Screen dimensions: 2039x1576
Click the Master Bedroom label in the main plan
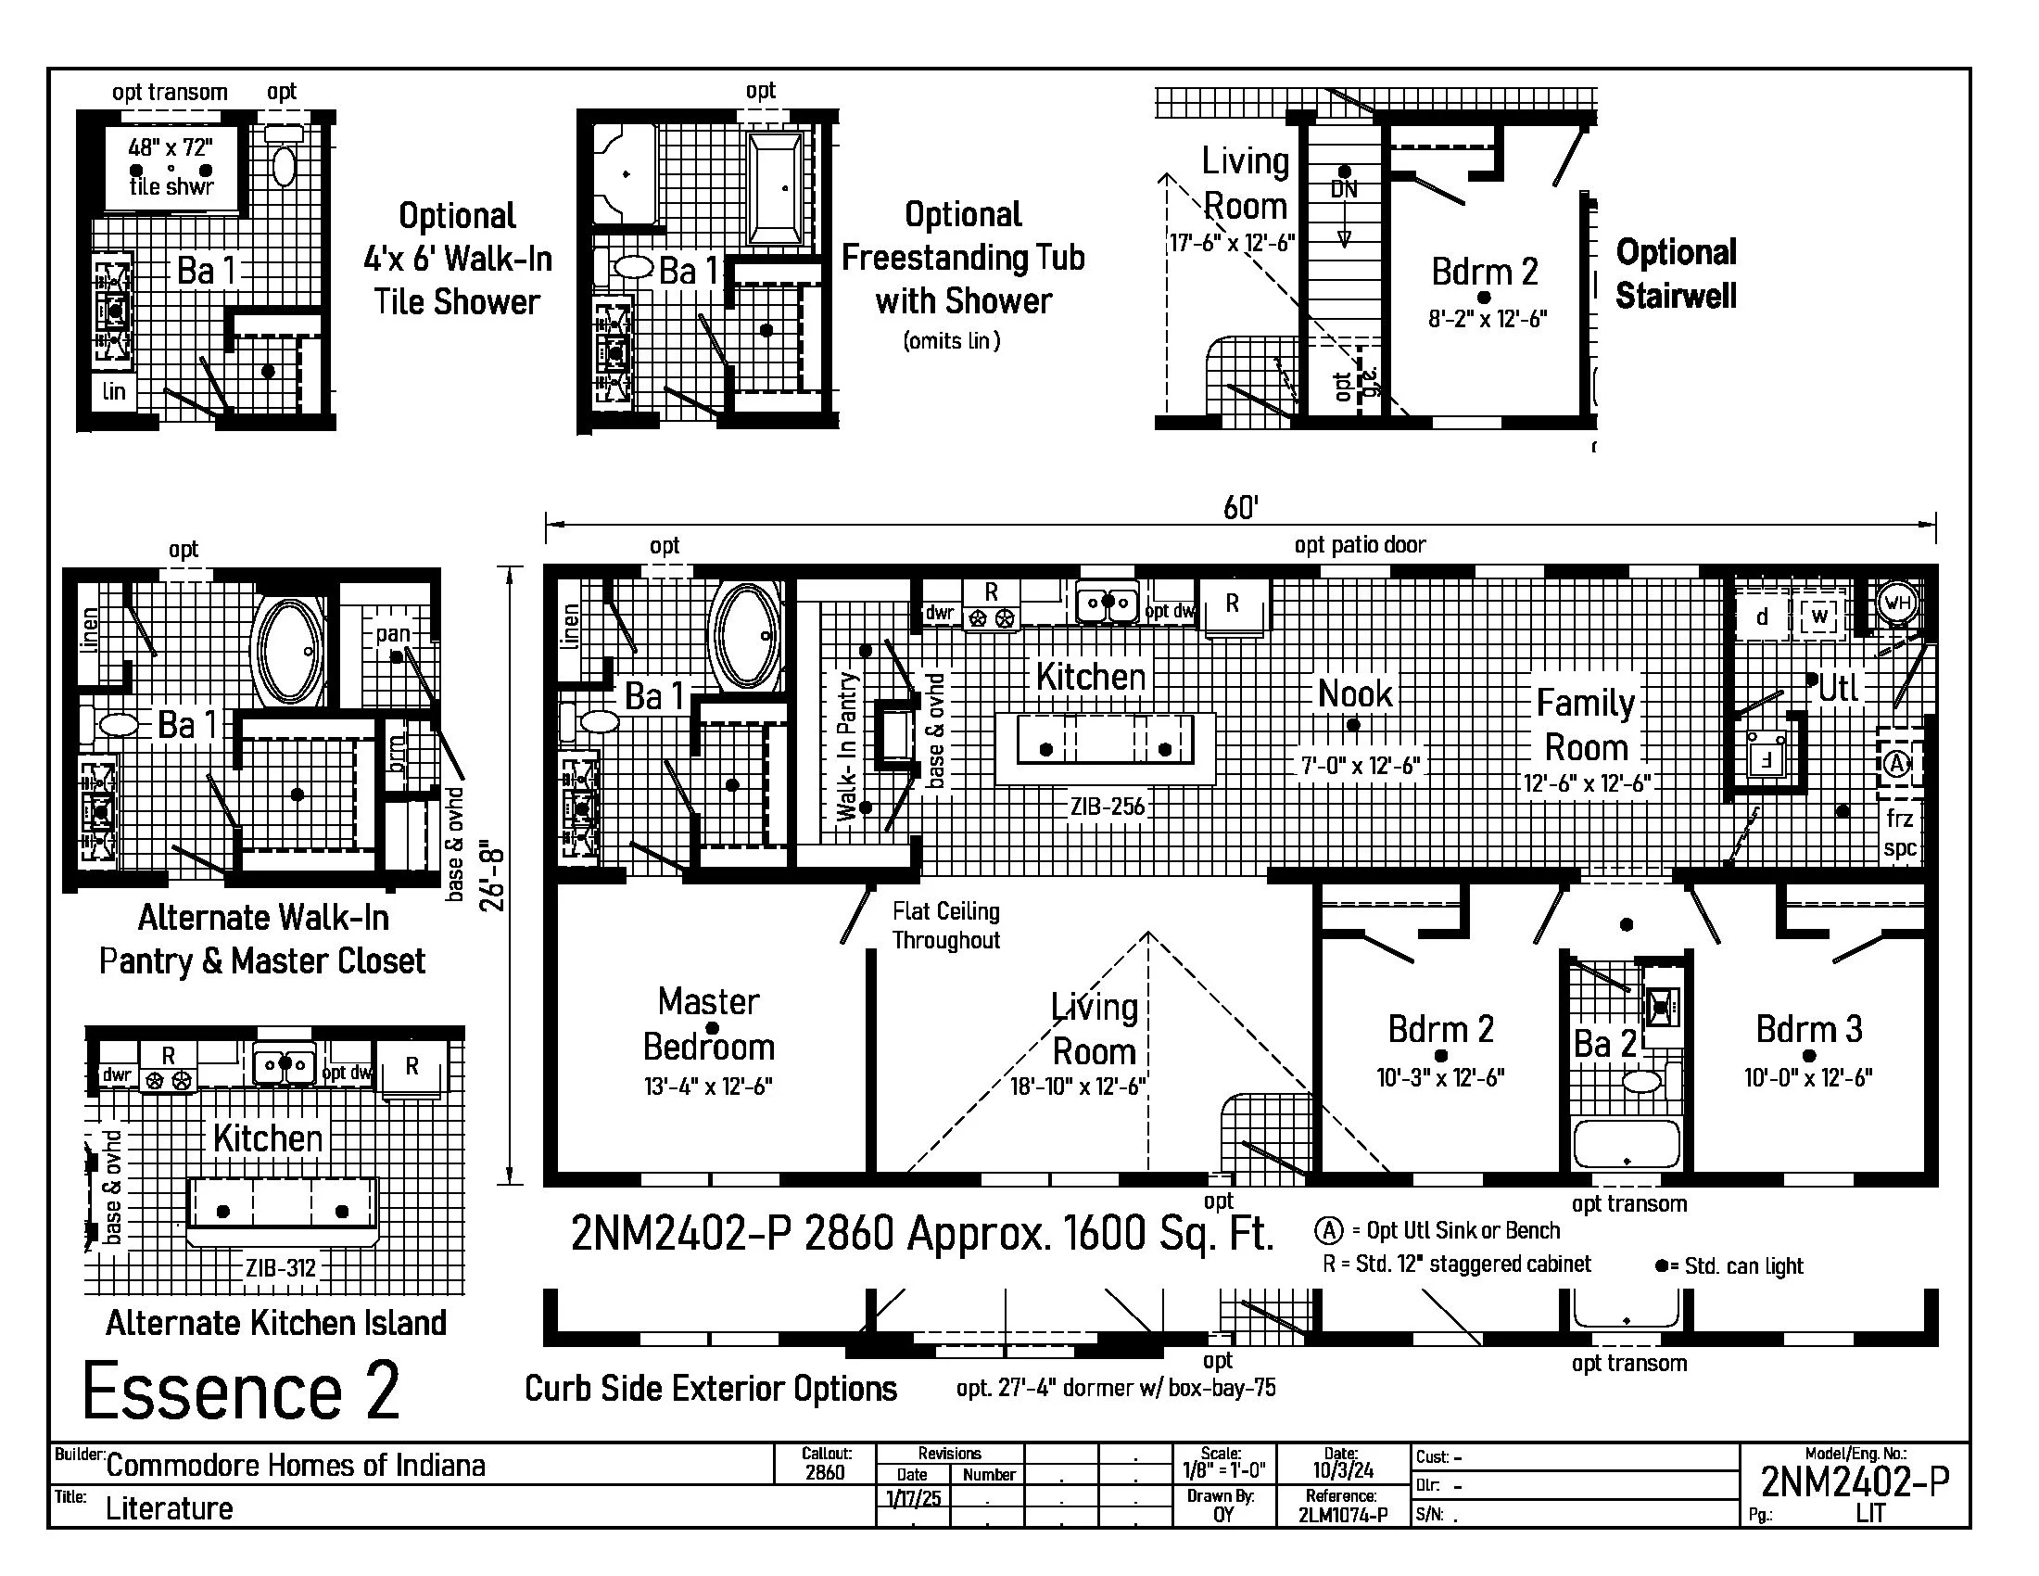pyautogui.click(x=710, y=1024)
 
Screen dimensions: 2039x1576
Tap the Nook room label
pyautogui.click(x=1355, y=694)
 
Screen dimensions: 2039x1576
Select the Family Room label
pyautogui.click(x=1586, y=726)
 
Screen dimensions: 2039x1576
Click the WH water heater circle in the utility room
pyautogui.click(x=1897, y=603)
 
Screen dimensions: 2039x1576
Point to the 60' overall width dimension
pyautogui.click(x=1241, y=508)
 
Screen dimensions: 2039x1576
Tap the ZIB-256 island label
pyautogui.click(x=1108, y=806)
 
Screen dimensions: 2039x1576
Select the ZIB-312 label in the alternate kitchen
pyautogui.click(x=281, y=1268)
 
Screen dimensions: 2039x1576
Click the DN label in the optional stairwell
pyautogui.click(x=1344, y=189)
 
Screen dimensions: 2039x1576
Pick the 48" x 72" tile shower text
pyautogui.click(x=171, y=147)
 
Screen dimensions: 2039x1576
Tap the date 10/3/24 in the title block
pyautogui.click(x=1343, y=1470)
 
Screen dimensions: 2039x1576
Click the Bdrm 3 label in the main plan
pyautogui.click(x=1808, y=1030)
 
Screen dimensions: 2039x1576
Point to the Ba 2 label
pyautogui.click(x=1605, y=1044)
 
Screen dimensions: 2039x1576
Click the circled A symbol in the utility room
pyautogui.click(x=1896, y=765)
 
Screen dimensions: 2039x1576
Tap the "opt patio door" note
pyautogui.click(x=1360, y=545)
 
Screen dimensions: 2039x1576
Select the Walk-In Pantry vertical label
pyautogui.click(x=847, y=747)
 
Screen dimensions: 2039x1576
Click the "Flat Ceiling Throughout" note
pyautogui.click(x=945, y=925)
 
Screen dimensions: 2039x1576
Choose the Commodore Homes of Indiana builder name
pyautogui.click(x=296, y=1466)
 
